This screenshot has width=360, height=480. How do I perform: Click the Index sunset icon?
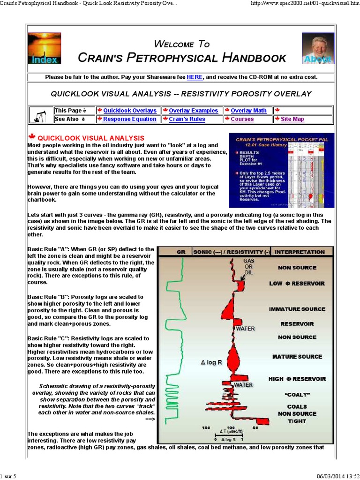45,48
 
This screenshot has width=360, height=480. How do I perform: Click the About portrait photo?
318,48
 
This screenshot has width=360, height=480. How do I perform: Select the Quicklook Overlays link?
130,111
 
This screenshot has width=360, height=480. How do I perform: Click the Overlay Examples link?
193,111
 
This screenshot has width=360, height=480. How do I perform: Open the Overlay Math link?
248,111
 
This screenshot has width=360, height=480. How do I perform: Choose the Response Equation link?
130,119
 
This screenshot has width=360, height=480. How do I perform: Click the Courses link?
242,119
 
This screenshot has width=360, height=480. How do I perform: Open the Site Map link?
292,119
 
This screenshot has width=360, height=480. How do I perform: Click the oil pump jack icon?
41,115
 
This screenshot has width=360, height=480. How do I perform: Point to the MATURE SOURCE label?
297,357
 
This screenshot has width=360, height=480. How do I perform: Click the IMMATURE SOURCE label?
297,309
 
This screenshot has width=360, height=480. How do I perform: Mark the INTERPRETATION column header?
300,252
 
